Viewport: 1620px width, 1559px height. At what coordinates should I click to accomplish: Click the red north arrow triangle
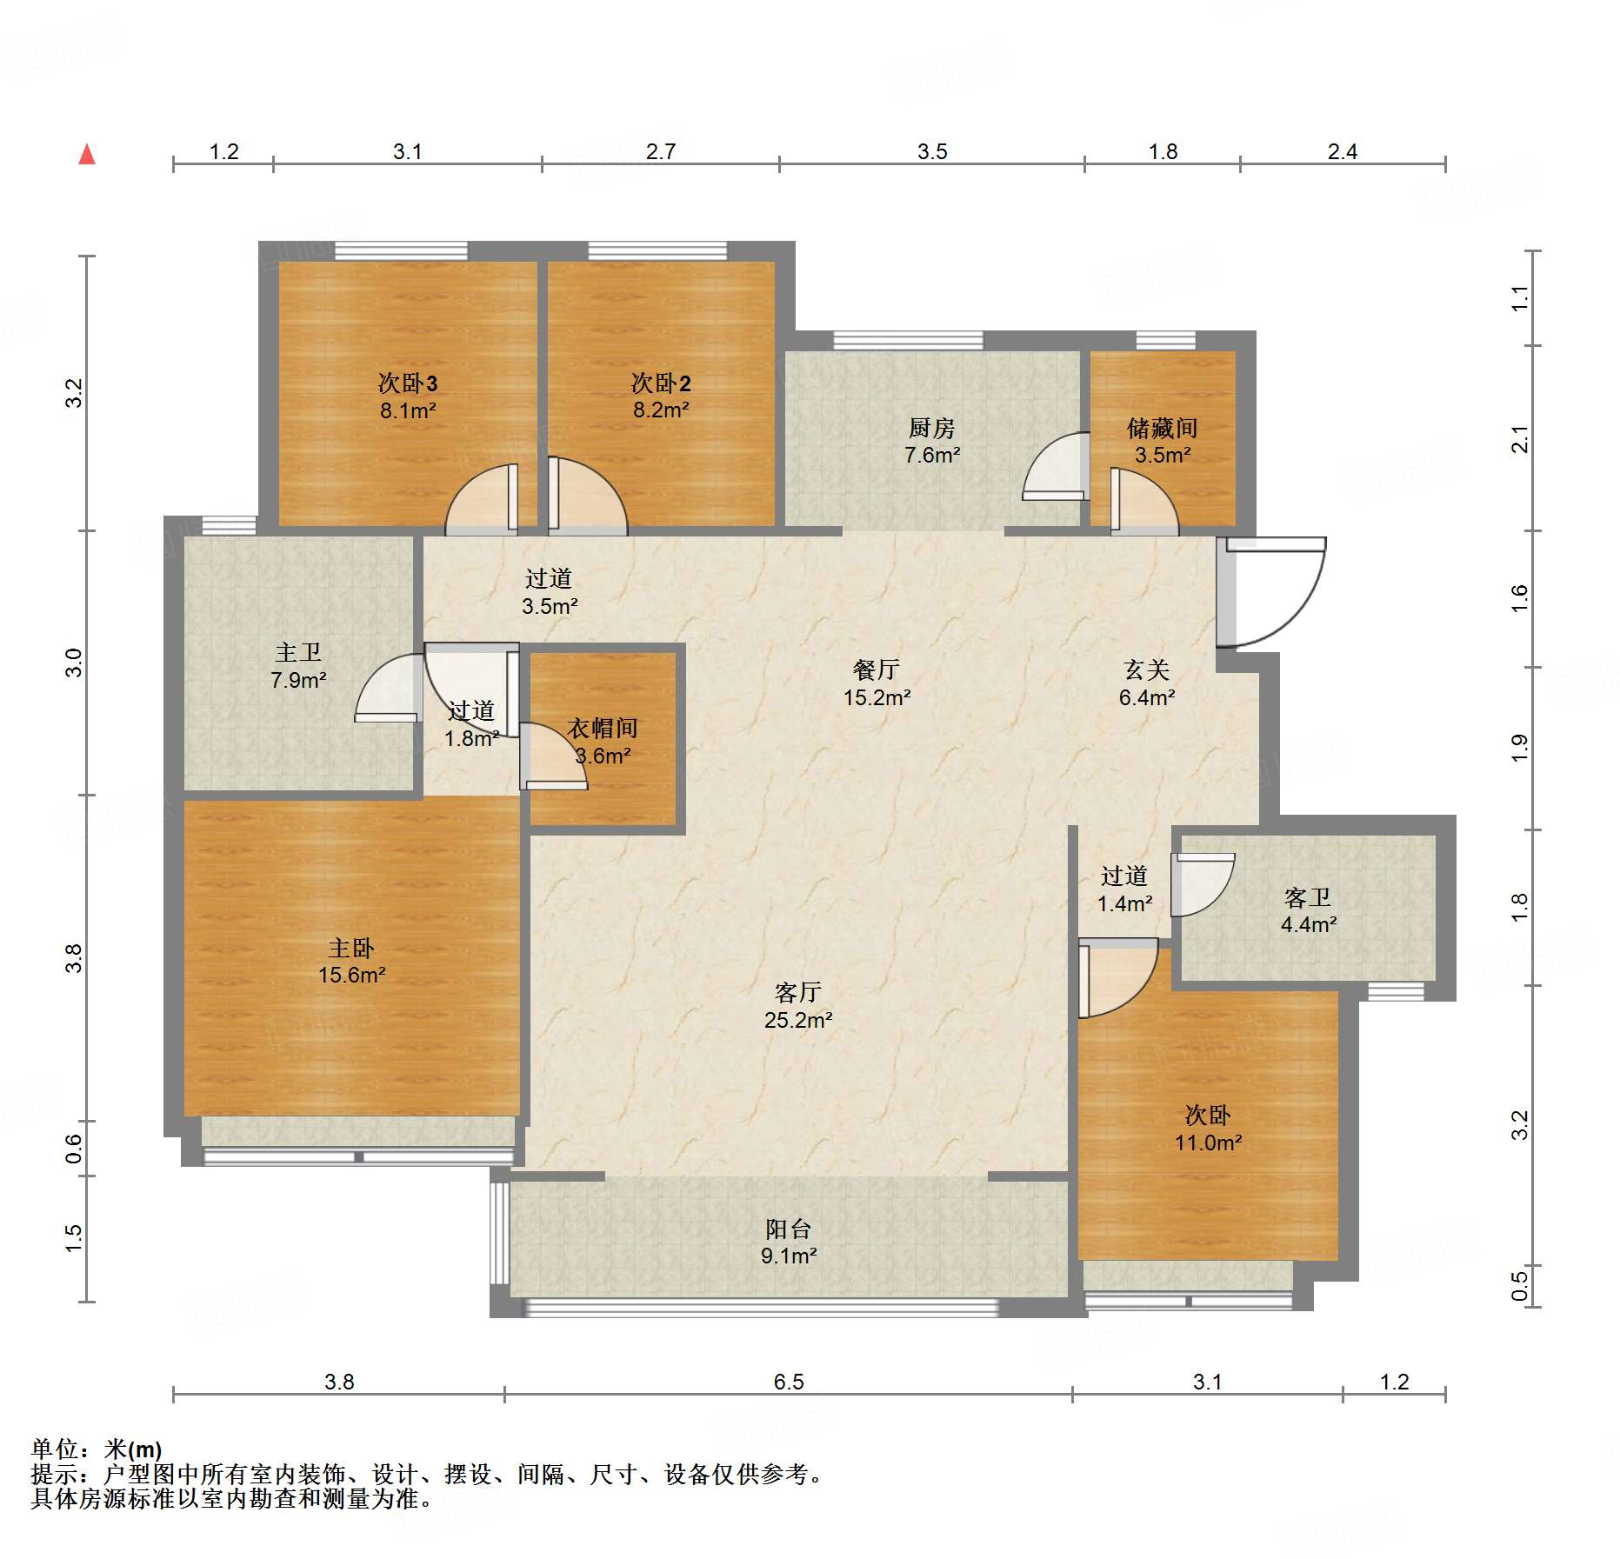87,154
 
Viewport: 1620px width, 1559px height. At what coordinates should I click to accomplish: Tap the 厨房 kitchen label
931,428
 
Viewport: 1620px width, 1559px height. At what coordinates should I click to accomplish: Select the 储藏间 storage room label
1162,428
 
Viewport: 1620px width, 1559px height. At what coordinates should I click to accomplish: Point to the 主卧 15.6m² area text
351,975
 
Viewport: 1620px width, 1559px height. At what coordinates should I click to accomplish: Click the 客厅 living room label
797,992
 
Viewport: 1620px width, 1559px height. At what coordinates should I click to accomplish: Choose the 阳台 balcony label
789,1229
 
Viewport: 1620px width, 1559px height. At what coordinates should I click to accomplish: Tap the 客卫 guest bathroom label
1308,897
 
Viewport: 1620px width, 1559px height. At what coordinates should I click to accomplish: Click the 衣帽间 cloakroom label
603,728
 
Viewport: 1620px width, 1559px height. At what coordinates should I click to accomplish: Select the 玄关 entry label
1146,670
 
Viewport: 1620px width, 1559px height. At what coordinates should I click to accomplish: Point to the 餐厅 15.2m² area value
877,697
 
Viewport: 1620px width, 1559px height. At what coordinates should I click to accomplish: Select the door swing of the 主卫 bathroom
389,688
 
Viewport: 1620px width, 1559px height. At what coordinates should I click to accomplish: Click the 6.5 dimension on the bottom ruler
789,1382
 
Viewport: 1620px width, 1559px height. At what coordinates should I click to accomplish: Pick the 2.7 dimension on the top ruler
661,151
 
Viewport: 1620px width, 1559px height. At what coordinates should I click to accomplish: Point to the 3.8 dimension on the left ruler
75,958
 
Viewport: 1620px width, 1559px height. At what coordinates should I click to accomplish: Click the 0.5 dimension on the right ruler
1519,1286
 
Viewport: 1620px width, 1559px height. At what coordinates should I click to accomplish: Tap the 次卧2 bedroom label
661,383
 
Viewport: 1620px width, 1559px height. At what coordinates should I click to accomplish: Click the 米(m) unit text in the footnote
133,1449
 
